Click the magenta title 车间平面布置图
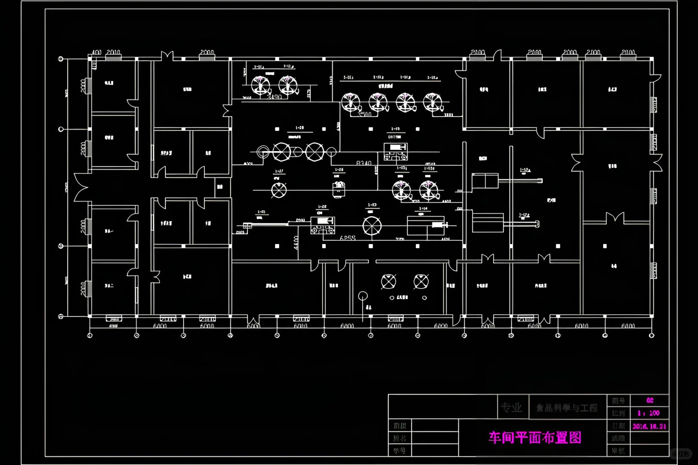coord(535,437)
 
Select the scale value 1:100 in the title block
coord(648,413)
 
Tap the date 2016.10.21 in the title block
coord(649,426)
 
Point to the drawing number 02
coord(650,400)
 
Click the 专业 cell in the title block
coord(511,407)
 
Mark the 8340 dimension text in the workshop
coord(364,163)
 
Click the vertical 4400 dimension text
coord(296,242)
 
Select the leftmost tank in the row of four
coord(351,102)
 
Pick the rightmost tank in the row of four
coord(432,102)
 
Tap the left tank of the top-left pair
coord(260,85)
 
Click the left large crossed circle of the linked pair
coord(281,152)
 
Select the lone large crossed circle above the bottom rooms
coord(372,226)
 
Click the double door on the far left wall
coord(81,187)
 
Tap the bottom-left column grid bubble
coord(90,335)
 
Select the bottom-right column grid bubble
coord(651,335)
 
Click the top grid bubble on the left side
coord(61,59)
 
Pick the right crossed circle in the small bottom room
coord(421,282)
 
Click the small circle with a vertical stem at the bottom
coord(363,296)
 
